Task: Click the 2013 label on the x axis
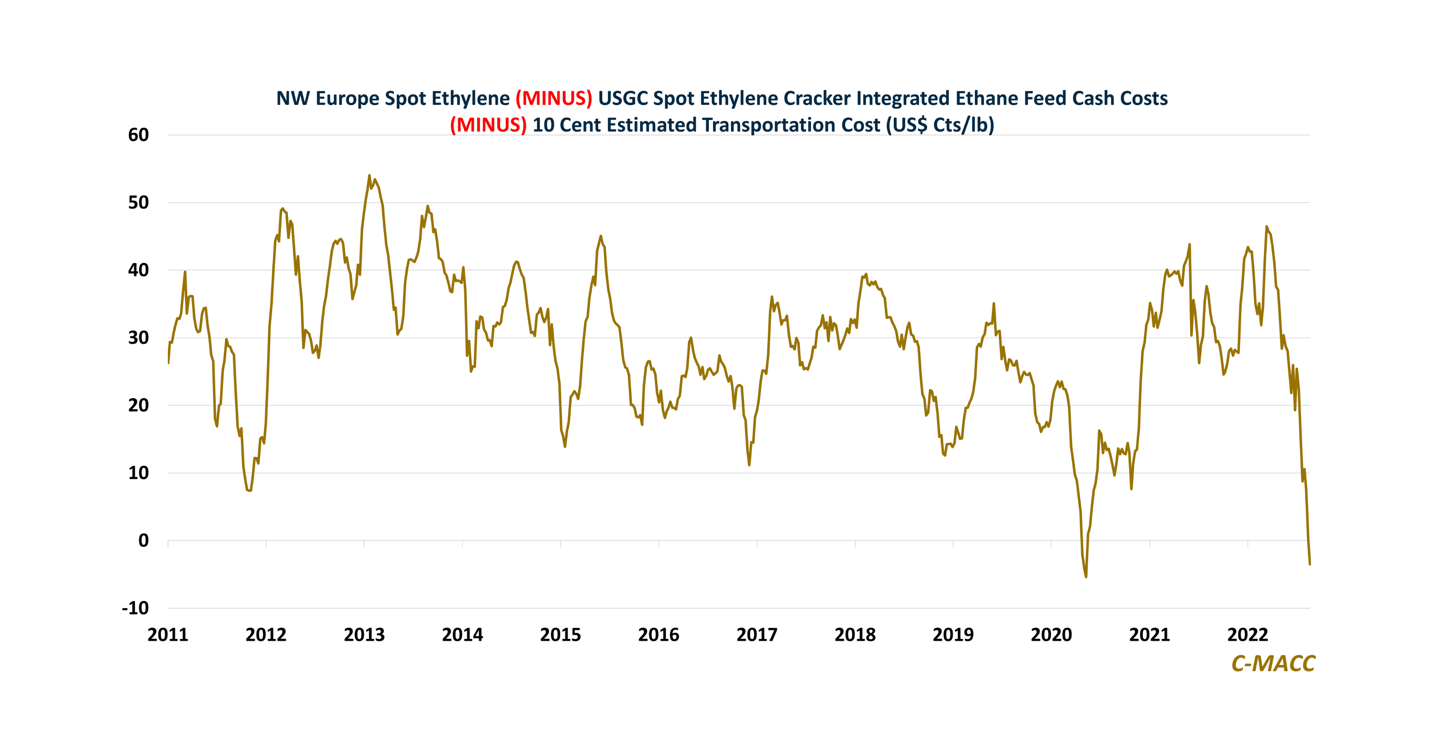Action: pyautogui.click(x=364, y=635)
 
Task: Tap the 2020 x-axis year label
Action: pyautogui.click(x=1051, y=635)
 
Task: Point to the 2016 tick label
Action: pyautogui.click(x=658, y=635)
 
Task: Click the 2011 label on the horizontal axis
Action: pyautogui.click(x=168, y=635)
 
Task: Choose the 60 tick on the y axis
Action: pyautogui.click(x=138, y=135)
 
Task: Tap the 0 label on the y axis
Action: pyautogui.click(x=144, y=541)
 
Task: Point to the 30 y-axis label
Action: pyautogui.click(x=138, y=338)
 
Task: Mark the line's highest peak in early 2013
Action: pyautogui.click(x=369, y=175)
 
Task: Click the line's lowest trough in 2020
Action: pyautogui.click(x=1086, y=577)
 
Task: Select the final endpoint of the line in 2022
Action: pyautogui.click(x=1310, y=564)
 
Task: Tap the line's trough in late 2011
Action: pyautogui.click(x=249, y=491)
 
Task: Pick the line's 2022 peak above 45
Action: pyautogui.click(x=1266, y=227)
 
